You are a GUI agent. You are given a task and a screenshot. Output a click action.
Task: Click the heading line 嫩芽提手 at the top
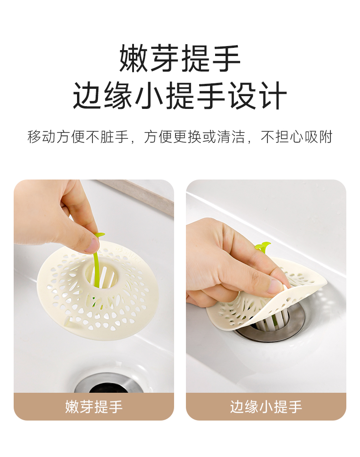click(180, 58)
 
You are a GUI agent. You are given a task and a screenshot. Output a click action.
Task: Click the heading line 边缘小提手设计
click(180, 96)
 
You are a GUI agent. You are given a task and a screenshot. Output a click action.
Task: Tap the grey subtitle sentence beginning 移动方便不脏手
click(180, 137)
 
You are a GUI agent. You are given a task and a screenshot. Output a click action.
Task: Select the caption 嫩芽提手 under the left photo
click(93, 406)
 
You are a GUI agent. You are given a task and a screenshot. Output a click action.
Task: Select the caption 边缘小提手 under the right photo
click(266, 406)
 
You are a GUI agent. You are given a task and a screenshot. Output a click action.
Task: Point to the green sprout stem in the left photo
click(96, 262)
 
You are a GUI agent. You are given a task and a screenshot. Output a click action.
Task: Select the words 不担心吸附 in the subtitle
click(297, 137)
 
